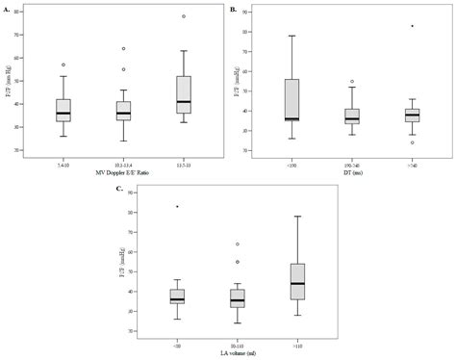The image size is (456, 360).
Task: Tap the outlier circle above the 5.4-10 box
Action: click(63, 64)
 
